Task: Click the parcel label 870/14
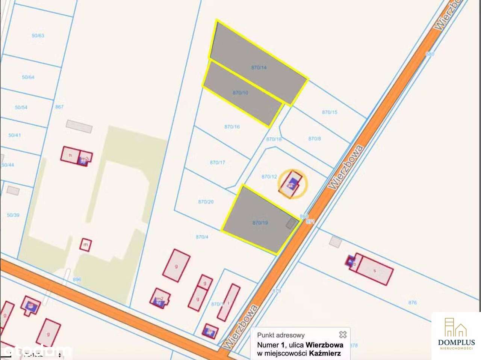(x=259, y=68)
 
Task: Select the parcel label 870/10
(x=240, y=92)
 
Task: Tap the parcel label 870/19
(x=260, y=223)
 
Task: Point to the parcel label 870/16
(x=232, y=127)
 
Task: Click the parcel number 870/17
(x=217, y=163)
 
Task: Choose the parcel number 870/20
(x=206, y=202)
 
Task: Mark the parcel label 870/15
(x=330, y=112)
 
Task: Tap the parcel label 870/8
(x=315, y=139)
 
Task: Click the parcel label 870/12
(x=269, y=176)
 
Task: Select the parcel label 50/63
(x=38, y=36)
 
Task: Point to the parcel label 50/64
(x=28, y=77)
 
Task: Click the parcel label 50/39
(x=13, y=215)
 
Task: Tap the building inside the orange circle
(x=292, y=184)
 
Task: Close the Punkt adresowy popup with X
(x=342, y=334)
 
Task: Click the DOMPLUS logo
(x=456, y=334)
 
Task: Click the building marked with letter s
(x=374, y=270)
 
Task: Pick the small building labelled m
(x=86, y=245)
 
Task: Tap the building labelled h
(x=70, y=155)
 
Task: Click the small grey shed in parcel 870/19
(x=291, y=224)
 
